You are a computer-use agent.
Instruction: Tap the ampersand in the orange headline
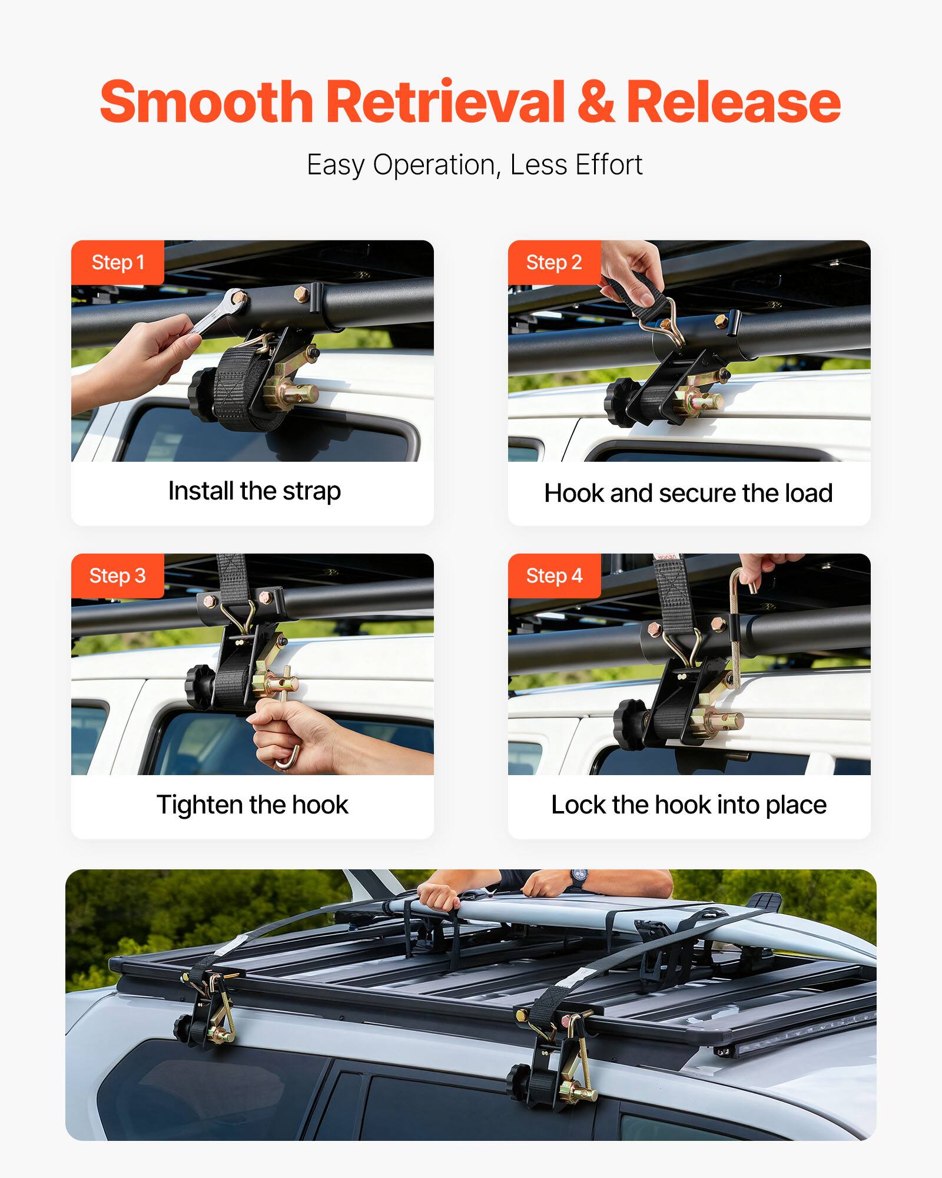595,102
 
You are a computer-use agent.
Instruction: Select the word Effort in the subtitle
609,164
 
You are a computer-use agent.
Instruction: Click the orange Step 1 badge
118,262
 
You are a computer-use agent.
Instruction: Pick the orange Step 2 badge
554,262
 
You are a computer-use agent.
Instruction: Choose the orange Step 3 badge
117,575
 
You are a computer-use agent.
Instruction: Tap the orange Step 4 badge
554,575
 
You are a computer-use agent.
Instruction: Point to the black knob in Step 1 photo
203,392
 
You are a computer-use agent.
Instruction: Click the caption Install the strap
254,491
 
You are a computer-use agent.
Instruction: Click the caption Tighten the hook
253,805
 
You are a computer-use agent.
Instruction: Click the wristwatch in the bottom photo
578,879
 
